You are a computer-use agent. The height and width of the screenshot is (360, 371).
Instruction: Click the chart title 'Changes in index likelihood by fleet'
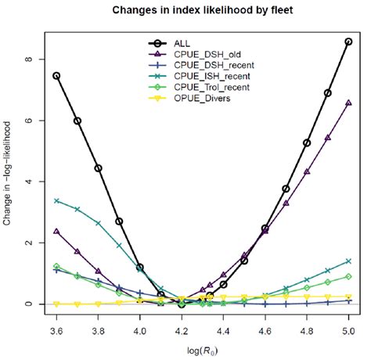(x=202, y=11)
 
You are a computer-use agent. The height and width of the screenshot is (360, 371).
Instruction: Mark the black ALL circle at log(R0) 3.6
(x=56, y=76)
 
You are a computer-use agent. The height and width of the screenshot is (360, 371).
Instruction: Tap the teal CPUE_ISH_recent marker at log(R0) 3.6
(x=56, y=201)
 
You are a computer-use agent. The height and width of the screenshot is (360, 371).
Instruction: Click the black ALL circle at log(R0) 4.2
(x=182, y=304)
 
